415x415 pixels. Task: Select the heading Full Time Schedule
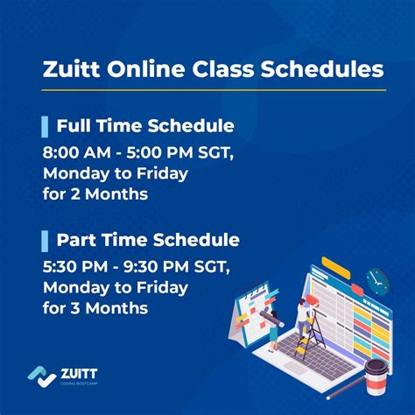144,125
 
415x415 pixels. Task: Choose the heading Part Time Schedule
148,240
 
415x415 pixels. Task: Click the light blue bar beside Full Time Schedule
45,125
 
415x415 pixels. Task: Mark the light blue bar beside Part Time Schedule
45,240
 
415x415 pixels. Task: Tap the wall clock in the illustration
377,280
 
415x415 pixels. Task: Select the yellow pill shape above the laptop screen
334,264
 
